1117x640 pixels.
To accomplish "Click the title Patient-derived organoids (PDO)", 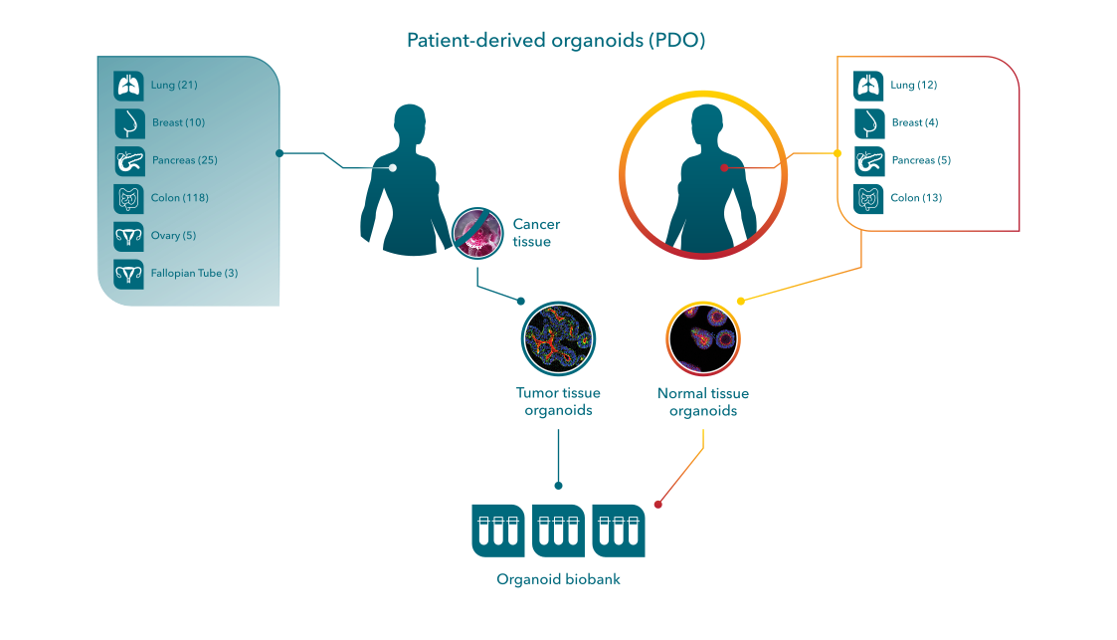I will coord(556,41).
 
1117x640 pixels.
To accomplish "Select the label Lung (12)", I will coord(913,86).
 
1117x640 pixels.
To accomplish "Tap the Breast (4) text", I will coord(914,123).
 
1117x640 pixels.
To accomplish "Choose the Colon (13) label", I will coord(916,198).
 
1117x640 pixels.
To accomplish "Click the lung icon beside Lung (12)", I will coord(868,87).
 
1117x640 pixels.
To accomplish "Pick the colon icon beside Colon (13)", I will coord(868,198).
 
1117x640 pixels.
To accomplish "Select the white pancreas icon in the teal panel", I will coord(128,161).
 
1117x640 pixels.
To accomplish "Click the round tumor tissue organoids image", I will coord(558,338).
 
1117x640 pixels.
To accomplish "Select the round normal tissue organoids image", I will coord(702,338).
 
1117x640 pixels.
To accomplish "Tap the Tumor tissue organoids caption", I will coord(558,402).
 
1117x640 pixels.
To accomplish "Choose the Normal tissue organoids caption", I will coord(702,402).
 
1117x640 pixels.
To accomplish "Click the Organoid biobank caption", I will coord(558,579).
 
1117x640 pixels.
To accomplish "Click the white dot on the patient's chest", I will coord(393,168).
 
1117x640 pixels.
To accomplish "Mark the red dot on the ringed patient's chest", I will coord(724,168).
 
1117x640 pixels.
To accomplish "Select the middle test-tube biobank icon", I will coord(558,530).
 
